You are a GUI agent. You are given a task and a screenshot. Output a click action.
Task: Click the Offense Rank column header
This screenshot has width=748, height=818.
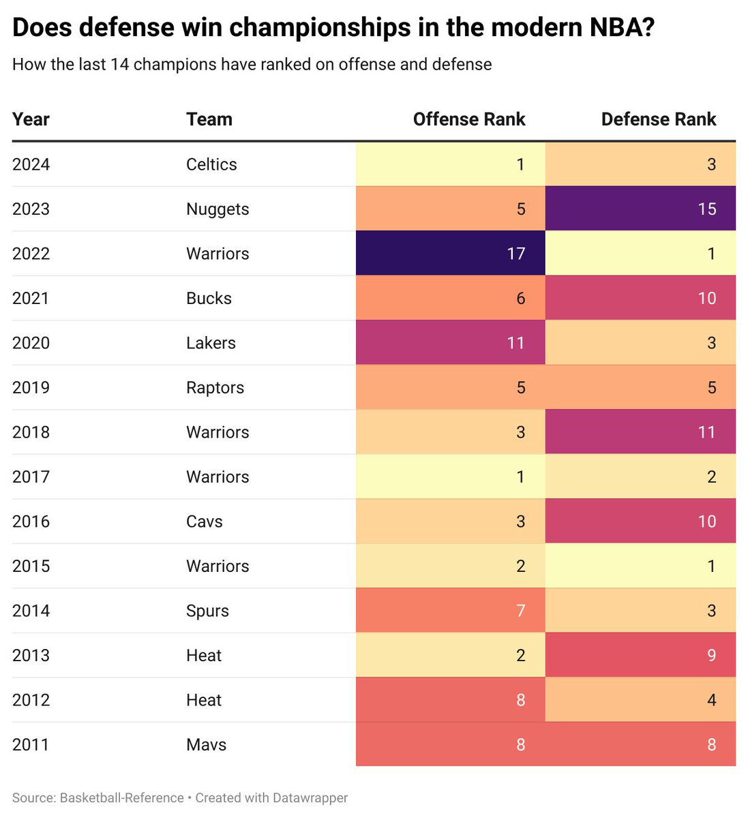pyautogui.click(x=469, y=119)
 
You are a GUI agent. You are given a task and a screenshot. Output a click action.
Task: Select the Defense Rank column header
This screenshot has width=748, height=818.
pyautogui.click(x=658, y=119)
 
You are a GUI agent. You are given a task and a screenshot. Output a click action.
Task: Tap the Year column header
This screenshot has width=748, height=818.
pyautogui.click(x=31, y=119)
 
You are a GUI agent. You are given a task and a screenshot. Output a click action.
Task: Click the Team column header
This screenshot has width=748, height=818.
pyautogui.click(x=209, y=119)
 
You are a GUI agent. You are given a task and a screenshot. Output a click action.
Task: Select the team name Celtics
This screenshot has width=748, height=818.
pyautogui.click(x=211, y=164)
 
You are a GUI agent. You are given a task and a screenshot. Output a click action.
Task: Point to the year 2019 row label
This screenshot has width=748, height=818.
pyautogui.click(x=31, y=387)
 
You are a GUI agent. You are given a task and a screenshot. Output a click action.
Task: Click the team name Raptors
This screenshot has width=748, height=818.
pyautogui.click(x=215, y=387)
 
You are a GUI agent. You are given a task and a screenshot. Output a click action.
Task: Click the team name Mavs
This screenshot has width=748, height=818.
pyautogui.click(x=206, y=744)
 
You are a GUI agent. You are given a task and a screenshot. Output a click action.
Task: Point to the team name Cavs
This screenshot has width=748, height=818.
pyautogui.click(x=205, y=521)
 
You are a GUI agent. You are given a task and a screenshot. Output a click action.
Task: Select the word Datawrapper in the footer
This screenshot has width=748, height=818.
pyautogui.click(x=310, y=798)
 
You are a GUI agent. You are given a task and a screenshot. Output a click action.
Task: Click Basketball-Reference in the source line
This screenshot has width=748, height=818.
pyautogui.click(x=122, y=798)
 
